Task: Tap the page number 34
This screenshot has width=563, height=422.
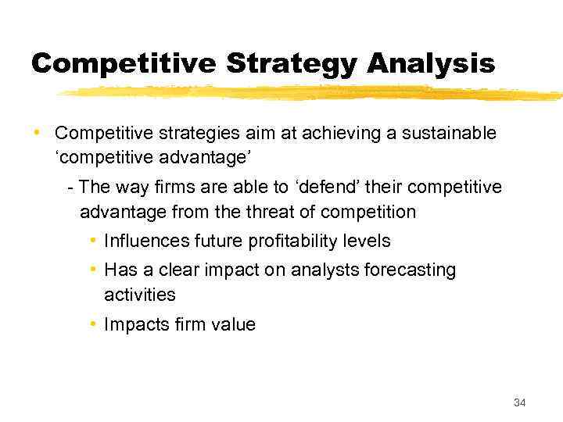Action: (x=520, y=402)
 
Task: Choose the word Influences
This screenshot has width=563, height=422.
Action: (x=140, y=241)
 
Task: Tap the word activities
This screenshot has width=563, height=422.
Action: (x=139, y=295)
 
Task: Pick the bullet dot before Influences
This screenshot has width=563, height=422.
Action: (x=93, y=241)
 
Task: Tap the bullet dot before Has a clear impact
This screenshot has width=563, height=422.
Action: (x=93, y=270)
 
